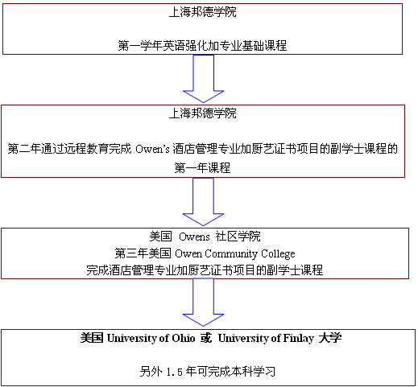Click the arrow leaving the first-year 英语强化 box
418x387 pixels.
tap(203, 79)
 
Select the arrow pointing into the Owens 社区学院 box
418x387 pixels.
tap(203, 202)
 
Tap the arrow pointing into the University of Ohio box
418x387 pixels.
tap(203, 303)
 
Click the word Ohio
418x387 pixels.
tap(184, 338)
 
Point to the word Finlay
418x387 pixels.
tap(298, 339)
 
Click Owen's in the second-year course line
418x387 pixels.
tap(152, 149)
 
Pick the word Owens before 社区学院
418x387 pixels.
tap(194, 237)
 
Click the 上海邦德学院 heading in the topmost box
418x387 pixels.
tap(203, 12)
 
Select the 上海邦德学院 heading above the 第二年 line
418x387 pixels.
tap(203, 113)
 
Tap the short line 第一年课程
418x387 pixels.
tap(202, 168)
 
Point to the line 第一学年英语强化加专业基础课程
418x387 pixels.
tap(202, 46)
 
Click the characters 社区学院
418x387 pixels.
tap(238, 237)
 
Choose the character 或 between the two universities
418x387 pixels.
tap(206, 338)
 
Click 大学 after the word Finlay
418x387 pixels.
tap(330, 338)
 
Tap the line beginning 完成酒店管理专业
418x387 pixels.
tap(205, 270)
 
